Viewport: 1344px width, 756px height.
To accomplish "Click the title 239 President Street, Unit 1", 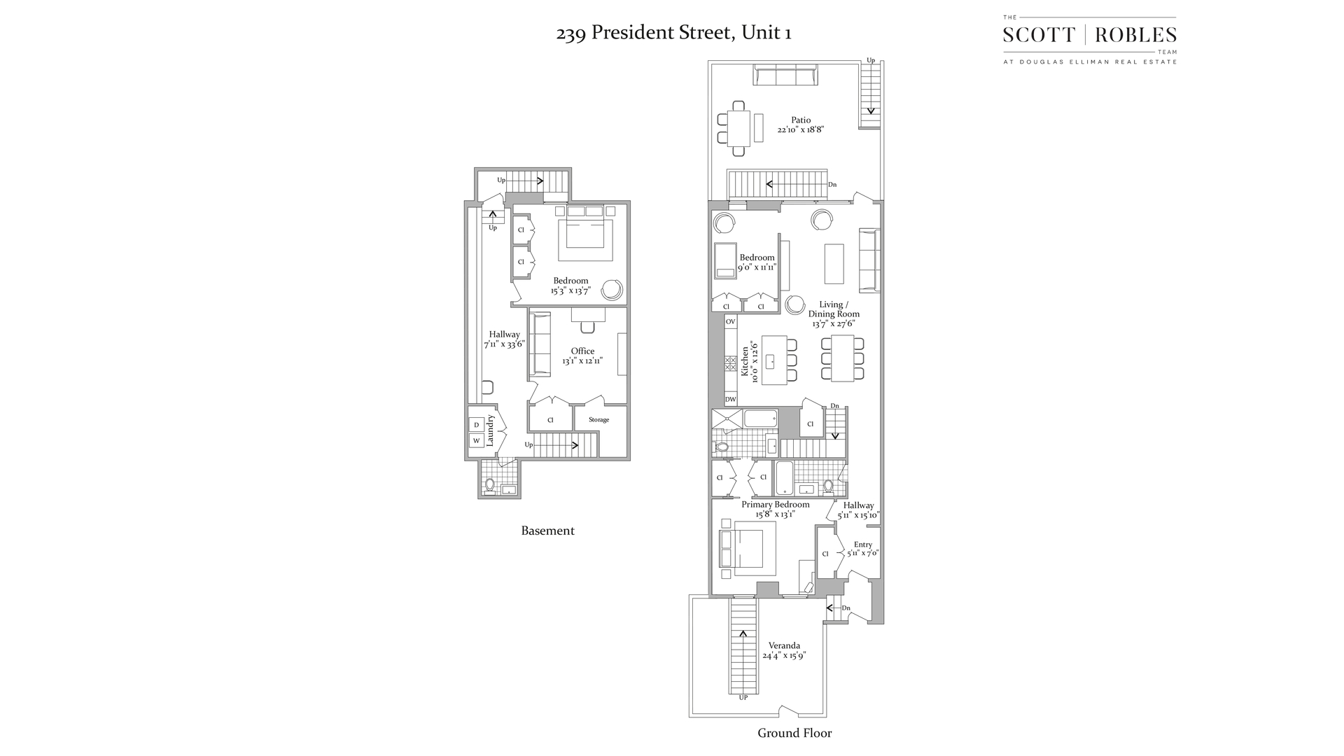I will pyautogui.click(x=673, y=33).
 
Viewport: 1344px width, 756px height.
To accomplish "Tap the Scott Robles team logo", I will pyautogui.click(x=1089, y=40).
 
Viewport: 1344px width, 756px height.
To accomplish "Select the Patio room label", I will pyautogui.click(x=801, y=120).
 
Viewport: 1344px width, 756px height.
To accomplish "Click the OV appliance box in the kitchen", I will pyautogui.click(x=730, y=322).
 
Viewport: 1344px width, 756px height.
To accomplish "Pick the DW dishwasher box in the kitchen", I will pyautogui.click(x=730, y=400).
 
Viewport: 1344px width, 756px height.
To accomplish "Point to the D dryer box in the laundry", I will pyautogui.click(x=476, y=425).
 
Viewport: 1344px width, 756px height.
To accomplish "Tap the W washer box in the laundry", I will pyautogui.click(x=476, y=441).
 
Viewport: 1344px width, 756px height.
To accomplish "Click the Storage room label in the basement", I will pyautogui.click(x=598, y=420).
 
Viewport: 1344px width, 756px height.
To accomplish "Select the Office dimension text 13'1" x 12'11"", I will pyautogui.click(x=582, y=361).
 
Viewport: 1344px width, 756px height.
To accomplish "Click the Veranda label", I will pyautogui.click(x=784, y=645).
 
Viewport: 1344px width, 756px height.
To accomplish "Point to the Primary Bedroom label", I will pyautogui.click(x=775, y=505).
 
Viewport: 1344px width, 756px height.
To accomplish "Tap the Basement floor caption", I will pyautogui.click(x=547, y=531).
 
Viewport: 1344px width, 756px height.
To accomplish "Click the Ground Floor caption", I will pyautogui.click(x=794, y=733).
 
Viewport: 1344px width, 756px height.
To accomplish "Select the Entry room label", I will pyautogui.click(x=862, y=545).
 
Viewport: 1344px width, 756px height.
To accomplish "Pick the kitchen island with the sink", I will pyautogui.click(x=773, y=360).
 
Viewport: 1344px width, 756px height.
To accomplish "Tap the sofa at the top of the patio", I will pyautogui.click(x=785, y=75).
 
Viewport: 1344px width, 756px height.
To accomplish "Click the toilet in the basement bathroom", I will pyautogui.click(x=490, y=484).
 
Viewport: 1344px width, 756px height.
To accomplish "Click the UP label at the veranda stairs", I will pyautogui.click(x=743, y=698).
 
